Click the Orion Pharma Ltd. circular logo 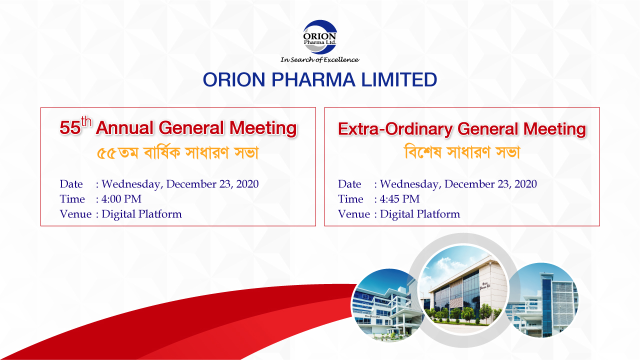coord(319,37)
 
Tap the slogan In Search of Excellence coord(319,59)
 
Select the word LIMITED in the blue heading coord(399,79)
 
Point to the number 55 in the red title coord(70,127)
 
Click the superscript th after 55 coord(86,121)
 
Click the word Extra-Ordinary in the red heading coord(395,129)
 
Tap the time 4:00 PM coord(121,199)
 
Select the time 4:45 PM coord(399,199)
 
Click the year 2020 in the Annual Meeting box coord(247,184)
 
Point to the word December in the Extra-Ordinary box coord(469,184)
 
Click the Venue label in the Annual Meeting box coord(75,214)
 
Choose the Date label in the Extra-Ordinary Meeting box coord(349,184)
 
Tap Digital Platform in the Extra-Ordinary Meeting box coord(420,214)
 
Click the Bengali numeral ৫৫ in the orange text coord(106,153)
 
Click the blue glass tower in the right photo coord(547,303)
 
